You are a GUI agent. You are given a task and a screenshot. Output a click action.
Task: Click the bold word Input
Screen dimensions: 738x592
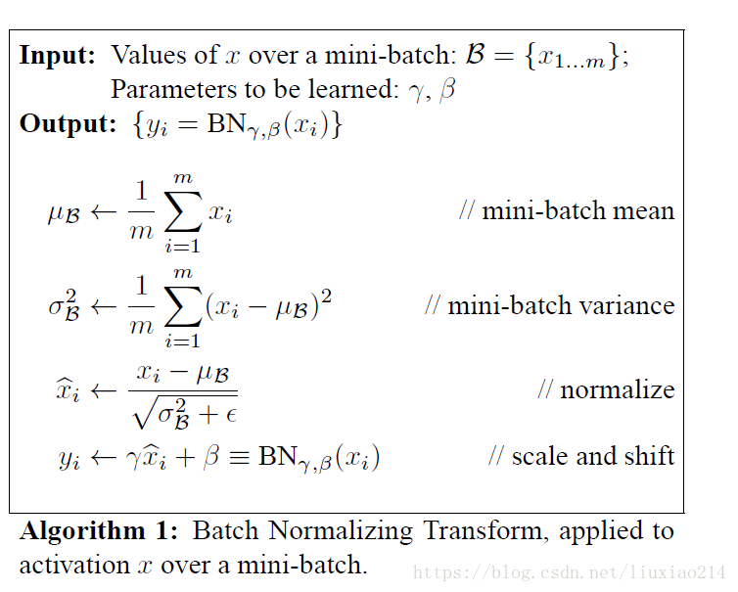(57, 56)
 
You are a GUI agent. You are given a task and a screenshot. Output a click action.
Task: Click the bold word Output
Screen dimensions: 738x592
(68, 123)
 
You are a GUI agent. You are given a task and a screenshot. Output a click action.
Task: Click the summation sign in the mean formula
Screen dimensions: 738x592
(183, 210)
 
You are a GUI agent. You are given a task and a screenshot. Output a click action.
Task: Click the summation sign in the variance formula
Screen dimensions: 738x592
(183, 306)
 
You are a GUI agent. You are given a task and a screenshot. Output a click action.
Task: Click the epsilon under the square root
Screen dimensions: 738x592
(231, 415)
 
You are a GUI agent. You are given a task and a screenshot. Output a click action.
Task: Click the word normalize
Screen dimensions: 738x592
(617, 389)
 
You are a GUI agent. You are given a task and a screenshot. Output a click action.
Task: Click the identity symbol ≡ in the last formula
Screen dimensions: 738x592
(239, 457)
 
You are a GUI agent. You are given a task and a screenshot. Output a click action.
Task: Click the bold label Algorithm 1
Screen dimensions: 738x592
(99, 531)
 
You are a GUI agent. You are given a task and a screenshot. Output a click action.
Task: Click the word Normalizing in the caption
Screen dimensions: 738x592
(341, 531)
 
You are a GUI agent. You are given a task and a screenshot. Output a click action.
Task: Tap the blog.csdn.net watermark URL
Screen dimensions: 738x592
(570, 572)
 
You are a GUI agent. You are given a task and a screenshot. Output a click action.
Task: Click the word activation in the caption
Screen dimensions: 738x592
(73, 565)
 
